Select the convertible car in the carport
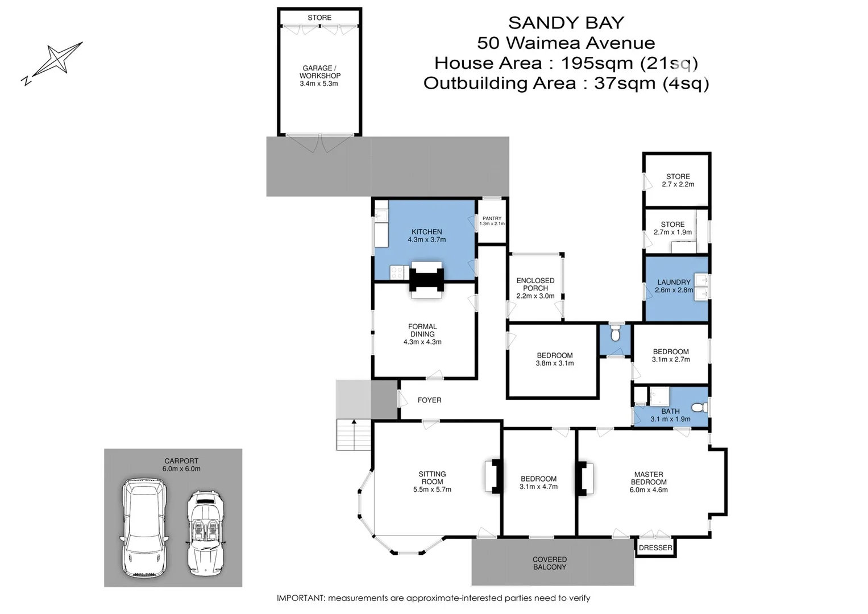coord(206,533)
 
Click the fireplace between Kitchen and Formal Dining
coord(426,280)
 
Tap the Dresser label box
coord(655,548)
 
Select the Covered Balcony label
coord(549,563)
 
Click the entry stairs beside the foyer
coord(354,435)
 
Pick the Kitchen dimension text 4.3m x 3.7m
coord(426,240)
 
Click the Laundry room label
coord(674,282)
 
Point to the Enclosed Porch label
coord(535,284)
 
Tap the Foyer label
coord(429,400)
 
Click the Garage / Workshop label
coord(319,72)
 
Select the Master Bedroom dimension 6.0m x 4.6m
coord(648,490)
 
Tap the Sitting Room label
coord(432,478)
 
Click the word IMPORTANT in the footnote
coord(301,598)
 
